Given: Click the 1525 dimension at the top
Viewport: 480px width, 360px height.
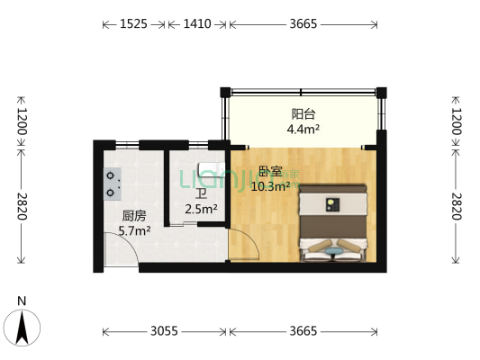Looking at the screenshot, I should coord(133,24).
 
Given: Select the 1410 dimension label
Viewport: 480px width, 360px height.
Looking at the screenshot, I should coord(196,24).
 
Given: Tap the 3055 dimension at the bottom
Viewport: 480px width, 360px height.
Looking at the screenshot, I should coord(163,331).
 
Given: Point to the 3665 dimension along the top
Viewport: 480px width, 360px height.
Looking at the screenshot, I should coord(303,24).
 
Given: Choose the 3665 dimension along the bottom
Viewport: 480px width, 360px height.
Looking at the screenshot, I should coord(303,331).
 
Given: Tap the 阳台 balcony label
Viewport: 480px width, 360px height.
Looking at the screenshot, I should coord(303,114).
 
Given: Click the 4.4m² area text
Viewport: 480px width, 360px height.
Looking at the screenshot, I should coord(303,129).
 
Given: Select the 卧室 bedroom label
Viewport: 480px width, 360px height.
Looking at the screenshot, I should coord(270,171).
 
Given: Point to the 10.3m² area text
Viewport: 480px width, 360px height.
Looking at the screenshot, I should coord(270,186).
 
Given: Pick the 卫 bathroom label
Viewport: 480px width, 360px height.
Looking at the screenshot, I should coord(201,193).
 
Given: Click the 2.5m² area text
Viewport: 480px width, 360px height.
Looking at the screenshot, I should coord(201,210).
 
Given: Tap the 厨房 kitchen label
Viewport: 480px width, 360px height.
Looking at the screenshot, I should coord(134,215).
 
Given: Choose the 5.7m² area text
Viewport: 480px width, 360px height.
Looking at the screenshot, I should coord(134,230).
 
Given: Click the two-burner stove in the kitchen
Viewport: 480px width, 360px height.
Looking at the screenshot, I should coord(112,184).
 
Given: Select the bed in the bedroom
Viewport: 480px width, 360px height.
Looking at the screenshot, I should coord(335,223).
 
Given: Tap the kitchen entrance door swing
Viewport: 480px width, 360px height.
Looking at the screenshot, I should coord(122,255).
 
